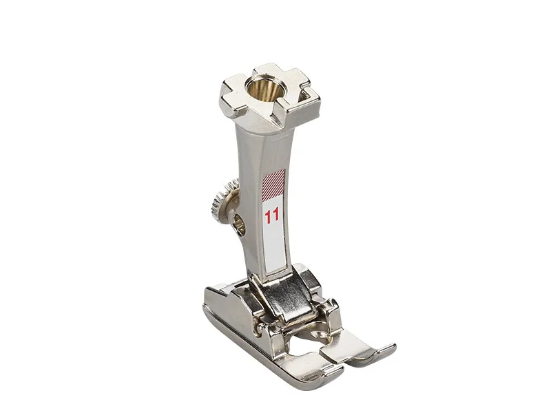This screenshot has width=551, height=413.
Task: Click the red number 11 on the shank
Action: click(272, 215)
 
